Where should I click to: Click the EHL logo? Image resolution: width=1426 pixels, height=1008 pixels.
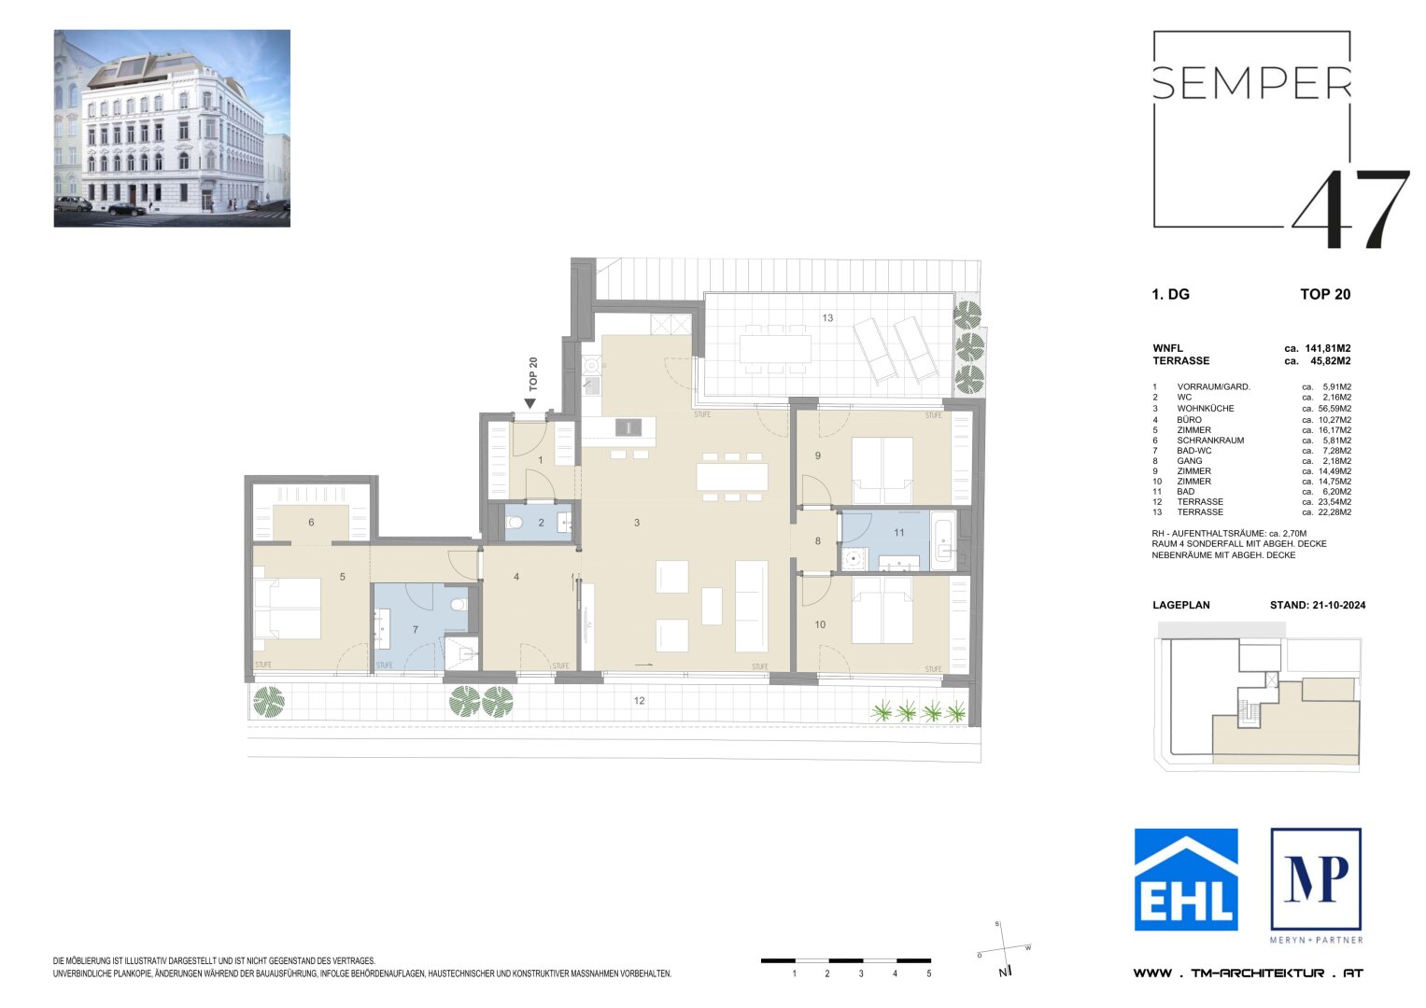1186,879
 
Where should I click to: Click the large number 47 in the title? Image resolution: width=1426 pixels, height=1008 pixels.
1350,210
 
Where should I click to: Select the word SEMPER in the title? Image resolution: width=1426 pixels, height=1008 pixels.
1251,83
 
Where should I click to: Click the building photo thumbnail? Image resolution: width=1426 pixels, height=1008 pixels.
172,128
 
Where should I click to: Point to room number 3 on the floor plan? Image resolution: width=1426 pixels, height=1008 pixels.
637,523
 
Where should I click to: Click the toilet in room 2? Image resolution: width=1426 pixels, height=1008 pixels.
515,524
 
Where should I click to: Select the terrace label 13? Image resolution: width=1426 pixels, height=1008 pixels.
827,318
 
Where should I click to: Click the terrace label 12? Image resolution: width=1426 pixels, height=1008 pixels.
640,701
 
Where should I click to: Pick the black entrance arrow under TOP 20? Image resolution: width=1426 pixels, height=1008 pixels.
529,403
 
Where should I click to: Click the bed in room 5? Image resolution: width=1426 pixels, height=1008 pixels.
288,609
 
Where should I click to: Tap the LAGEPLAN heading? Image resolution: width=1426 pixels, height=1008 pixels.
1180,605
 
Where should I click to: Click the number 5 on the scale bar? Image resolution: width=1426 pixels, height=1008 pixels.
928,973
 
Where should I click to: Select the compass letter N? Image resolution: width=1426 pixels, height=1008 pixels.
1001,973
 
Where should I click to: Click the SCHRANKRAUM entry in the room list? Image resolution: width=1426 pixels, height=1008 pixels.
1210,440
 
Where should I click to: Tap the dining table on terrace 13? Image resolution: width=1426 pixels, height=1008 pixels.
775,349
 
